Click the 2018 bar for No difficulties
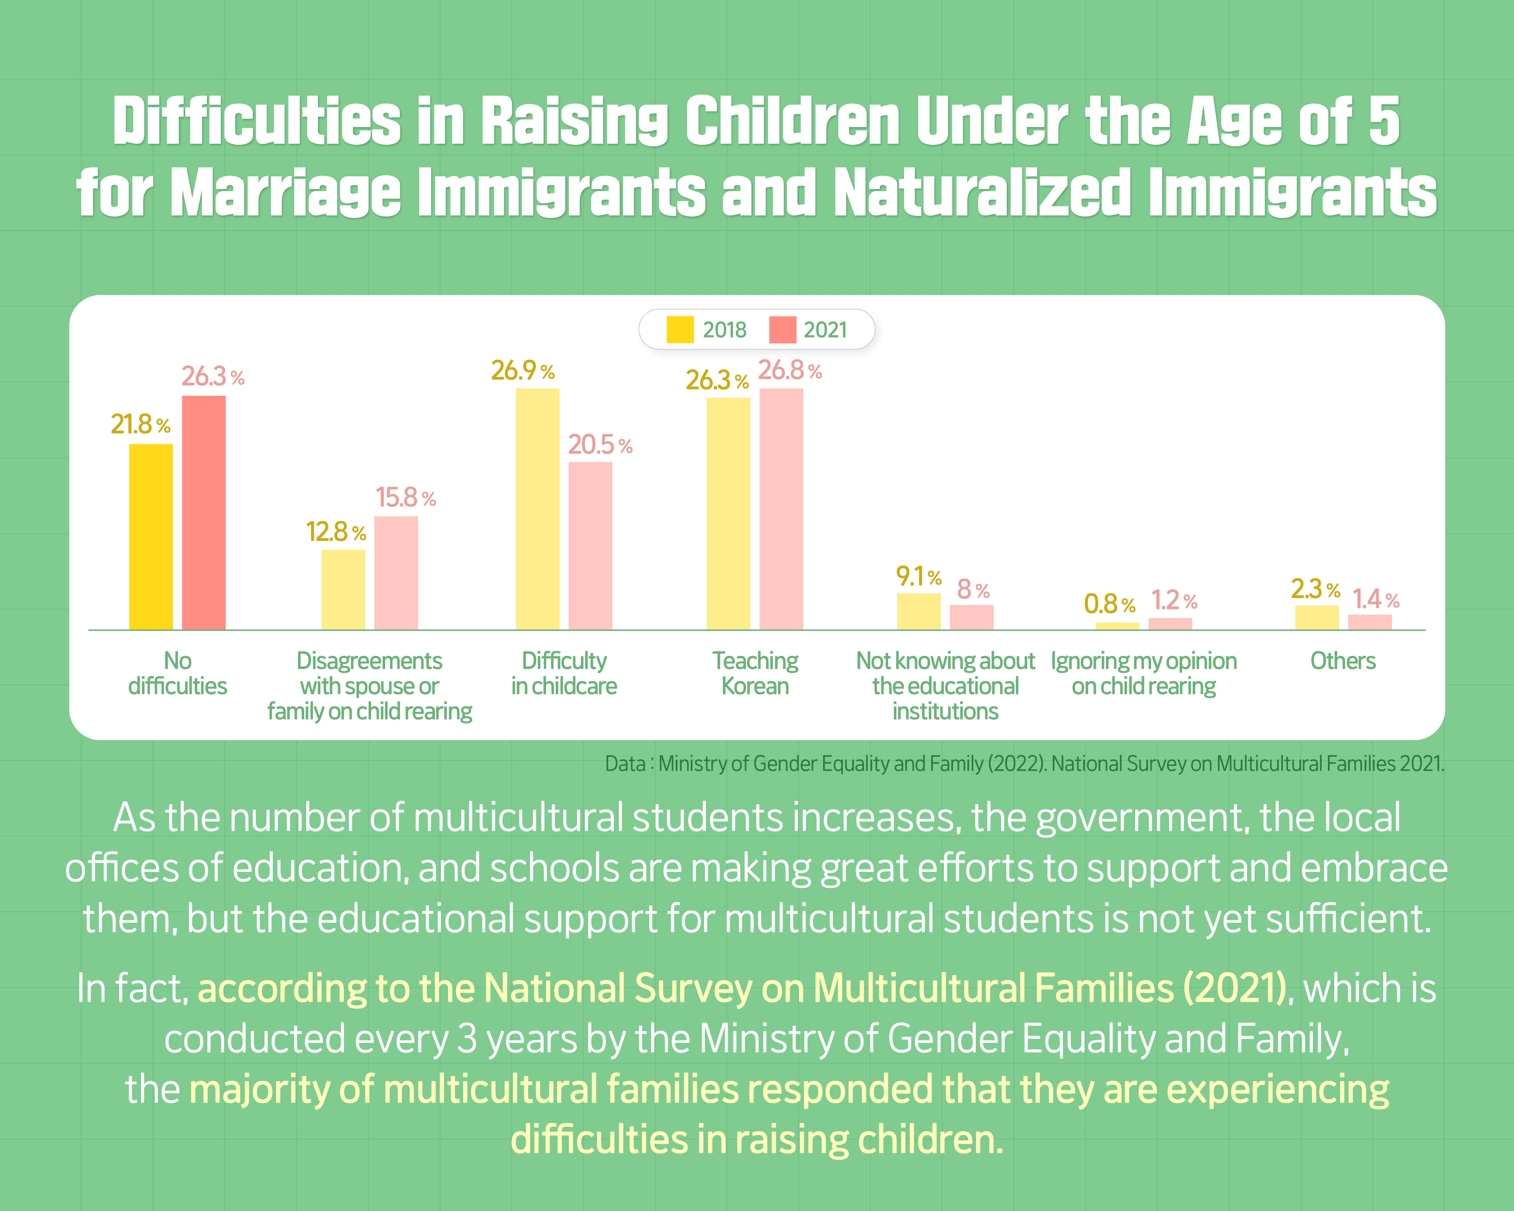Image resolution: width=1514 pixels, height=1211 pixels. [151, 537]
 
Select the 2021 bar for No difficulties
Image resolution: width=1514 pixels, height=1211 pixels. [203, 513]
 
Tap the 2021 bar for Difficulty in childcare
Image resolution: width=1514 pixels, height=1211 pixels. [590, 546]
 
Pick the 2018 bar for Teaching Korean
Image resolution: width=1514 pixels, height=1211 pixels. [728, 514]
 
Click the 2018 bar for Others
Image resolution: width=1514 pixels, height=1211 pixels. [1317, 618]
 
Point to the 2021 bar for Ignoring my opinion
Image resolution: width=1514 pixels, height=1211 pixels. [1170, 624]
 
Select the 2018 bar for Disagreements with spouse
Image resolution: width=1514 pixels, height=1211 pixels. [343, 590]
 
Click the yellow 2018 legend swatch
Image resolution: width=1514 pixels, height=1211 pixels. [680, 329]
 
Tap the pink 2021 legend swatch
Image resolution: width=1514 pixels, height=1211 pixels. [782, 329]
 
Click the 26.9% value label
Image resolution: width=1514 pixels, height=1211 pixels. [522, 371]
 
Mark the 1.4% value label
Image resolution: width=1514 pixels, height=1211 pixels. [1375, 599]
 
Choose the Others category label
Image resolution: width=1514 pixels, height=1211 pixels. [1342, 661]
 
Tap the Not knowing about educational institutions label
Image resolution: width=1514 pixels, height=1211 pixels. [945, 686]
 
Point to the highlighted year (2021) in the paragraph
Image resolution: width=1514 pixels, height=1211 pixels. [1234, 989]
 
